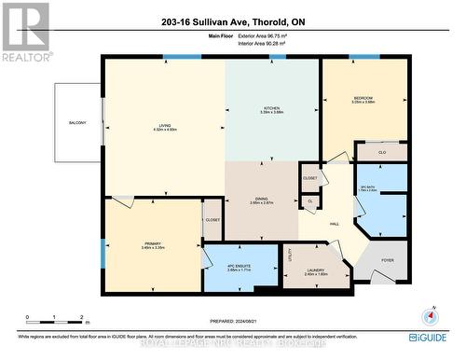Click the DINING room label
pyautogui.click(x=261, y=198)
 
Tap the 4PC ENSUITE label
pyautogui.click(x=241, y=267)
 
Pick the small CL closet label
pyautogui.click(x=309, y=200)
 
